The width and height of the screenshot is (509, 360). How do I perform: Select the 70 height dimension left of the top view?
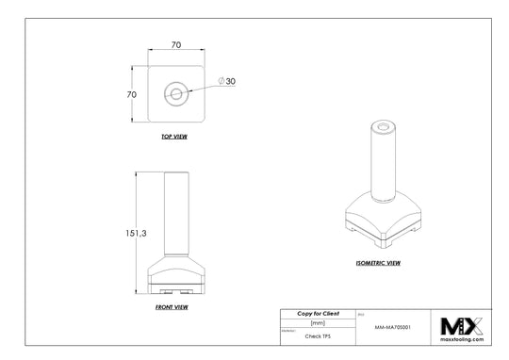click(x=134, y=94)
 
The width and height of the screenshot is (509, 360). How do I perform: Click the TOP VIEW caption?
click(x=176, y=137)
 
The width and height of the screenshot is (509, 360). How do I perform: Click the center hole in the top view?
click(x=176, y=93)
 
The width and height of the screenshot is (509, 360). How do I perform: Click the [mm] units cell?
click(x=317, y=322)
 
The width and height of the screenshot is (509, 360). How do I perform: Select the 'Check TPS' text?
click(x=318, y=335)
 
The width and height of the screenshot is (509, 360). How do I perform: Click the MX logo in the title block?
click(x=462, y=324)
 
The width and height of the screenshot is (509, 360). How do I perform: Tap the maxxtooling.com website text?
click(x=462, y=338)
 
